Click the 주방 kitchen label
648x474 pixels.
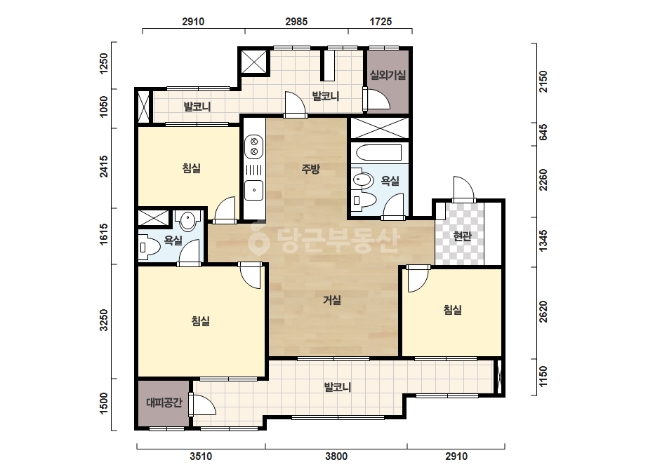pos(310,168)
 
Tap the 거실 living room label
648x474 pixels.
pos(332,300)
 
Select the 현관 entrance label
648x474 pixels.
pos(462,236)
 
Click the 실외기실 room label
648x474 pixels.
pos(388,75)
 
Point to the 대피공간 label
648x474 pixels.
pos(164,402)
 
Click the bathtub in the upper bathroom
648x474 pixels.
pos(378,152)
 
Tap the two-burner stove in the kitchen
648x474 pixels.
pos(254,147)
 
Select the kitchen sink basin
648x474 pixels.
pos(254,190)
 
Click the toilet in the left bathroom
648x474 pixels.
pos(150,248)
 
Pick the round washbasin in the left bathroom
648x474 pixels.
pos(188,221)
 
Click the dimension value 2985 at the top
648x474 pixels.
pos(296,22)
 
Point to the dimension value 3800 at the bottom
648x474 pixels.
pos(336,456)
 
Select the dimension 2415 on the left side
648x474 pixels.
pos(104,166)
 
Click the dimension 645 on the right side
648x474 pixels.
pos(543,132)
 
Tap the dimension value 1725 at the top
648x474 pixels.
pos(381,22)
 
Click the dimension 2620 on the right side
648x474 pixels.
pos(543,312)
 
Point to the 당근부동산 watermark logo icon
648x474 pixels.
pos(258,238)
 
